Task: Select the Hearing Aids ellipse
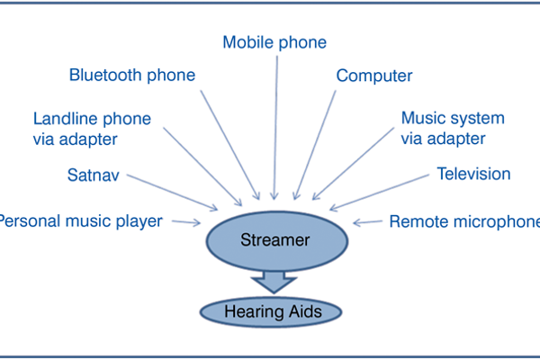[x=272, y=311]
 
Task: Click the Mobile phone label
[x=274, y=42]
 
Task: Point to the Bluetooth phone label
[x=131, y=75]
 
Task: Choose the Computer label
[x=373, y=76]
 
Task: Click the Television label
[x=472, y=173]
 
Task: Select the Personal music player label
[x=81, y=220]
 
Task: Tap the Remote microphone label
[x=464, y=220]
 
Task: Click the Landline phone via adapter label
[x=92, y=128]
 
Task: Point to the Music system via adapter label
[x=452, y=128]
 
